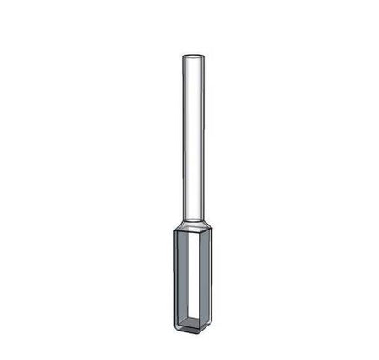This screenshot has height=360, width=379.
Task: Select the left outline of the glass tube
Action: pos(181,135)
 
